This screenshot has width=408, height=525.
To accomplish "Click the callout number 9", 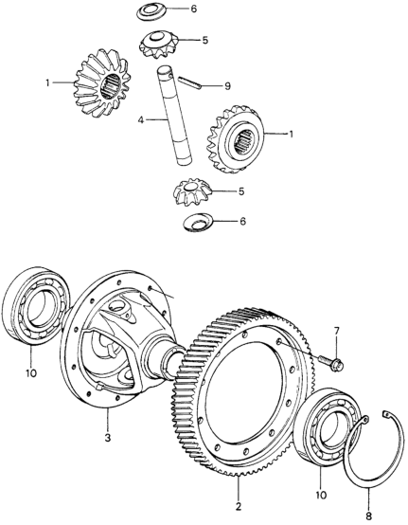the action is (227, 86).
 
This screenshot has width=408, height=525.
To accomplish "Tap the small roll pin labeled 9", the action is (189, 82).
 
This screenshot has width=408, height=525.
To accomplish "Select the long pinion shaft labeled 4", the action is (174, 115).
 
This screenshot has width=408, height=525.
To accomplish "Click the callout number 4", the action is (141, 119).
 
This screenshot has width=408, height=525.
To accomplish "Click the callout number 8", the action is (369, 516).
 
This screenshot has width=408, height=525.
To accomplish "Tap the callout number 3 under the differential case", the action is (108, 437).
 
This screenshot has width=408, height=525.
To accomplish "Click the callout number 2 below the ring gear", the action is (239, 507).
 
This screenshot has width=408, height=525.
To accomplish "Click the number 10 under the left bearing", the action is (31, 372).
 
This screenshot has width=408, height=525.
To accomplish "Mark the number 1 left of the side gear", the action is (48, 82).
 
